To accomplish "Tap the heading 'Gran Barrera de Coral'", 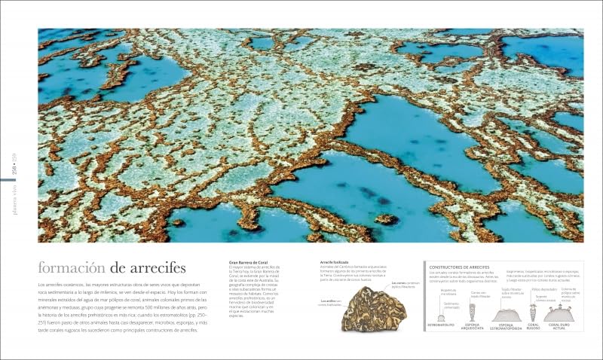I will pyautogui.click(x=249, y=262).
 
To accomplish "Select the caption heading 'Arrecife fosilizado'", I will pyautogui.click(x=335, y=262).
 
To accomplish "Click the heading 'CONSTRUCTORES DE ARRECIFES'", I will pyautogui.click(x=460, y=267).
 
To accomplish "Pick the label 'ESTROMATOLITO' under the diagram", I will pyautogui.click(x=441, y=325).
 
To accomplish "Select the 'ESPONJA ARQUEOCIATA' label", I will pyautogui.click(x=473, y=326).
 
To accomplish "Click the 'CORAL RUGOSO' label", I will pyautogui.click(x=533, y=326).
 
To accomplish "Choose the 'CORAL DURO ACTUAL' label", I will pyautogui.click(x=559, y=326).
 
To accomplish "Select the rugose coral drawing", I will pyautogui.click(x=533, y=312).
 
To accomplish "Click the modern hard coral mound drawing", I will pyautogui.click(x=559, y=314).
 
